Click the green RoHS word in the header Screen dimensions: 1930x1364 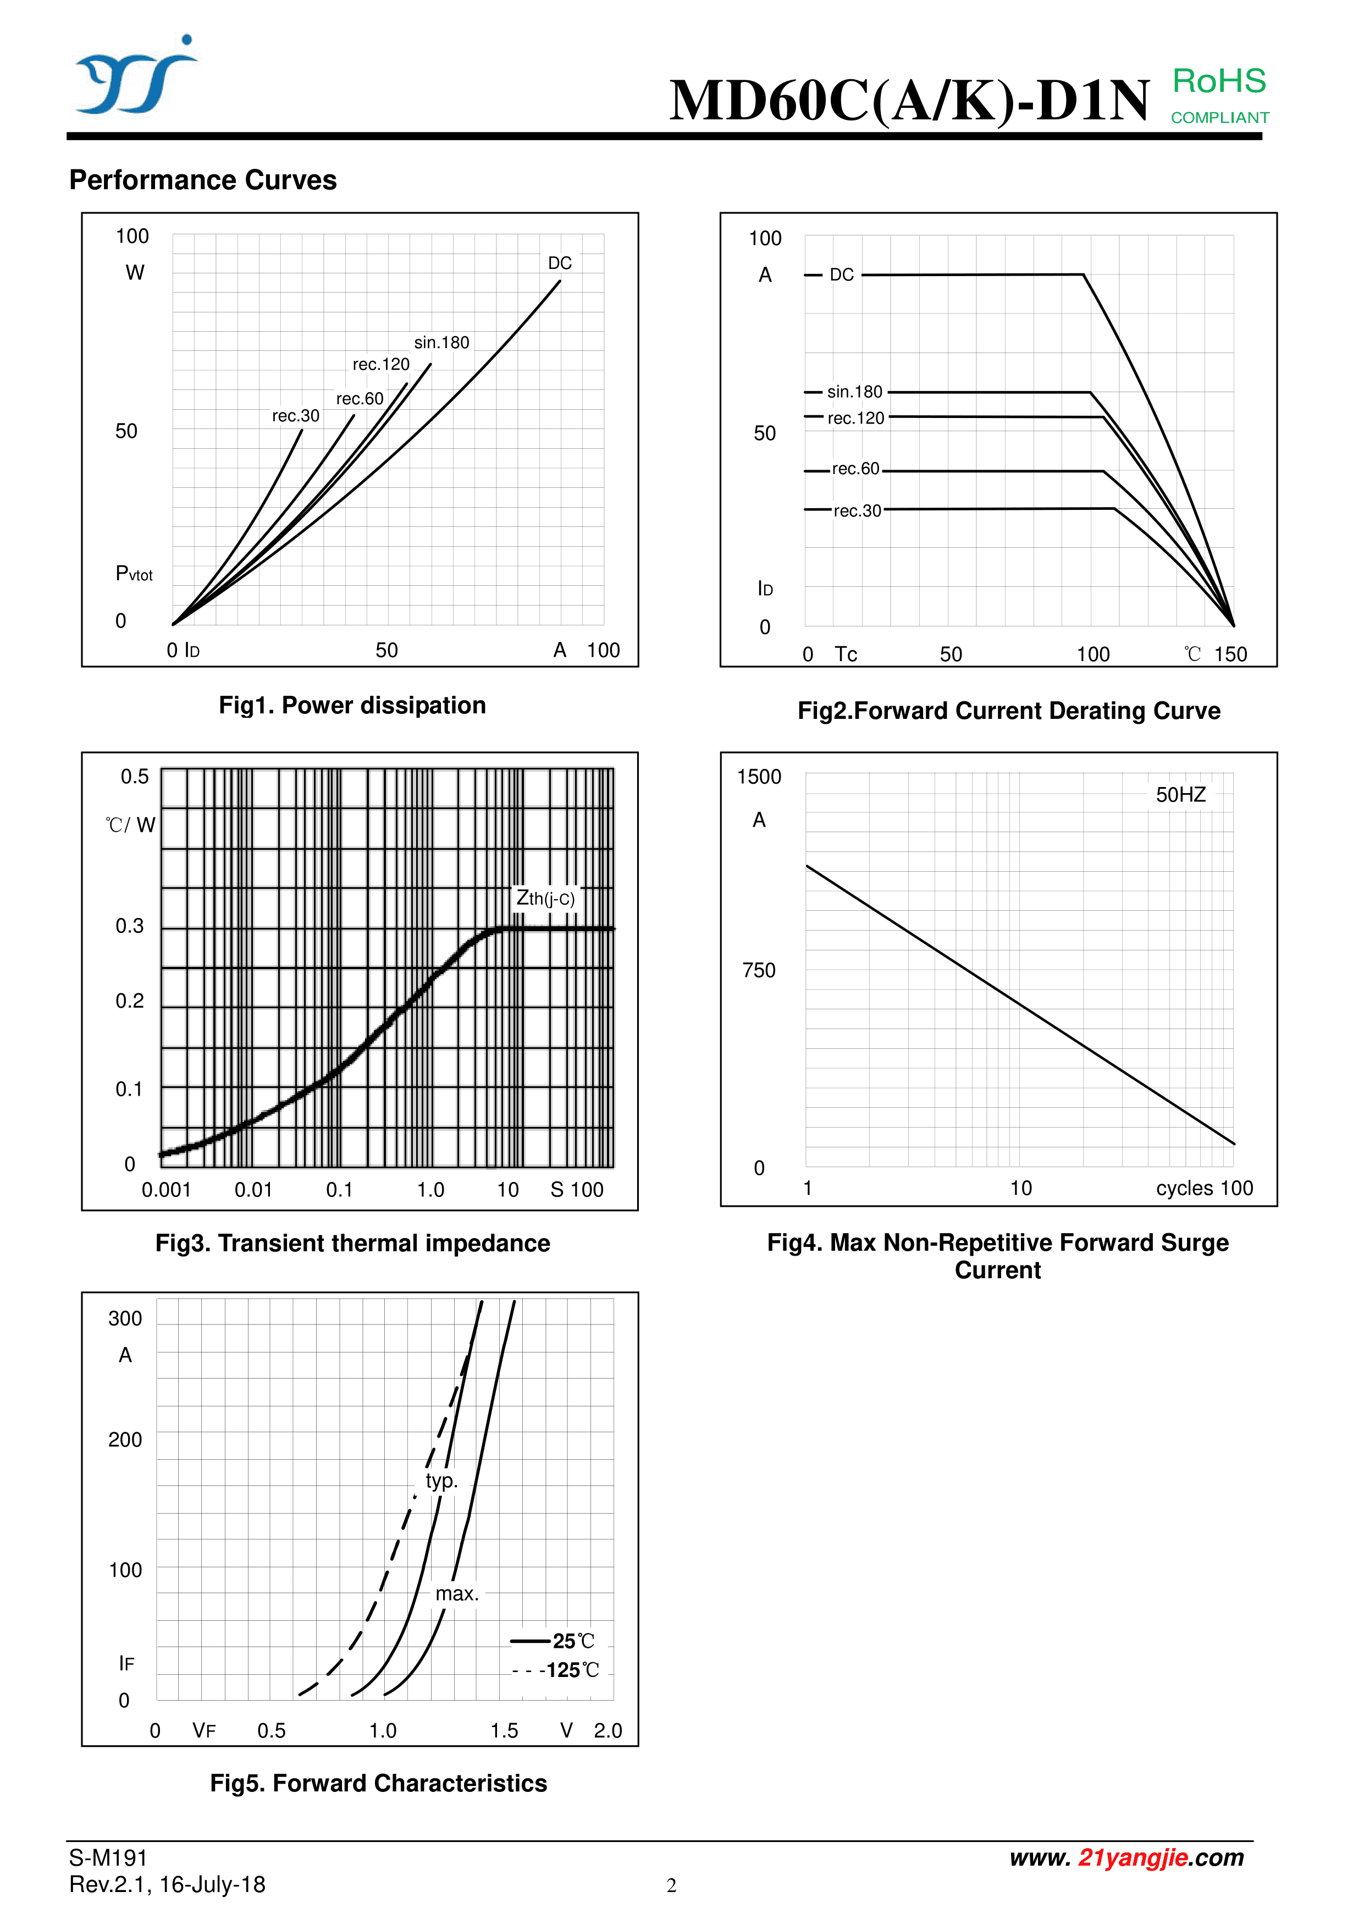(1219, 81)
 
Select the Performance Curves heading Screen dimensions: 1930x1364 (202, 180)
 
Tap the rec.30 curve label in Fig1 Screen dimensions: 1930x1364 (296, 416)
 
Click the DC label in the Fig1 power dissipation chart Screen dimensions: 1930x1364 (560, 263)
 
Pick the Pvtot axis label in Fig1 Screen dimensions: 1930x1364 (134, 574)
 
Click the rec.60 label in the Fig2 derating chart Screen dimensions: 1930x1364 (855, 469)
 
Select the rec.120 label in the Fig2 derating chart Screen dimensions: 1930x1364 (855, 419)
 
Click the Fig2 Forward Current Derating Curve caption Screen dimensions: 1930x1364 (1008, 711)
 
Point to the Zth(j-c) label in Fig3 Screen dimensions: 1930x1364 (545, 899)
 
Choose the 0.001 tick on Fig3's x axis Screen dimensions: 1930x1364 (167, 1190)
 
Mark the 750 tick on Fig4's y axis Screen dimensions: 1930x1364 (759, 971)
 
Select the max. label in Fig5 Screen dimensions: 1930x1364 (456, 1594)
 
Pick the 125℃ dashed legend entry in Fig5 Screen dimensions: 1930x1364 (556, 1670)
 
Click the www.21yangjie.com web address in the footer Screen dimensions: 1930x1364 (1126, 1858)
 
